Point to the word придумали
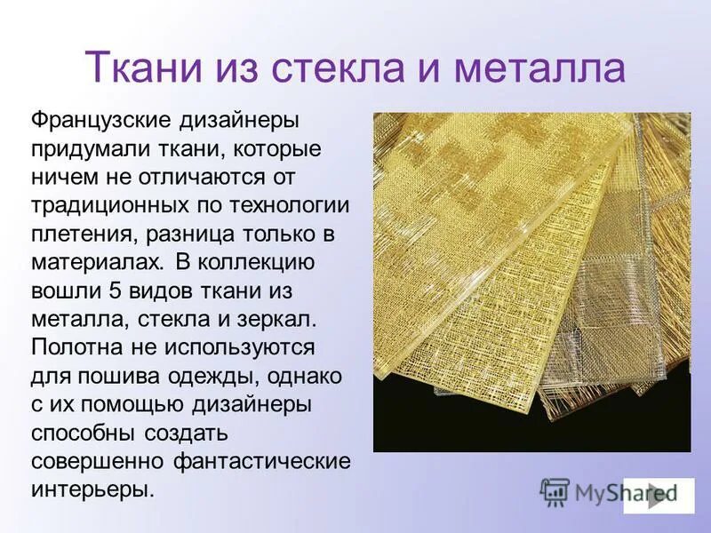click(88, 147)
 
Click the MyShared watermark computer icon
click(555, 491)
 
